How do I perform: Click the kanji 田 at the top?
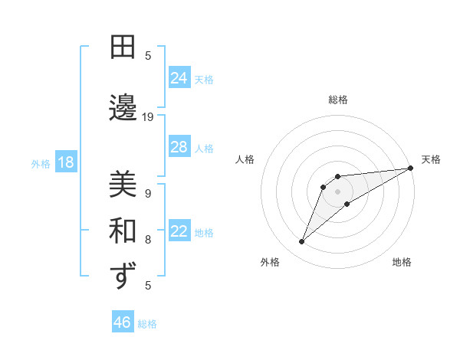122,47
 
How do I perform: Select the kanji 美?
122,185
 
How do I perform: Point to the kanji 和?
122,231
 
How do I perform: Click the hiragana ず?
122,276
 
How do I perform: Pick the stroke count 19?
148,117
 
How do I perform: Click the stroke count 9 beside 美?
148,194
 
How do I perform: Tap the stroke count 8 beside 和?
148,240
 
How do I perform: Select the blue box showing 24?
179,78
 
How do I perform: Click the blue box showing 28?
179,147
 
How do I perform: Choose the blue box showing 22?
179,232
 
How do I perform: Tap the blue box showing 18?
65,162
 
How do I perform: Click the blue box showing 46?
122,322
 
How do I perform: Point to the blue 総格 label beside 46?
147,324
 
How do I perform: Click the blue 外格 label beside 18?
41,164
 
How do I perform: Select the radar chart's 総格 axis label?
337,100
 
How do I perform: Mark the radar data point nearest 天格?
410,168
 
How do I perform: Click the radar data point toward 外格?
301,242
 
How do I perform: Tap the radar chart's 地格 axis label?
402,262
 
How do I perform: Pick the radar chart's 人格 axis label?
245,159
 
